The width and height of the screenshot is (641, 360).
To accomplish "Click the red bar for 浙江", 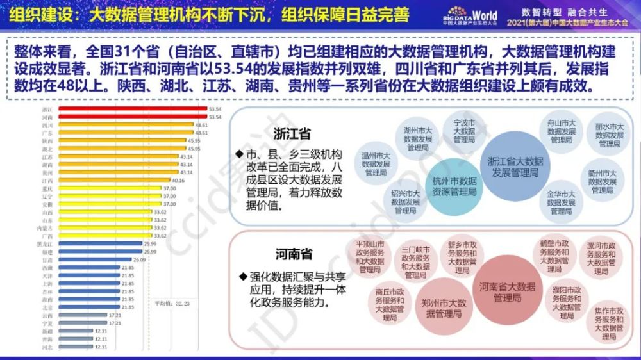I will tap(131, 110).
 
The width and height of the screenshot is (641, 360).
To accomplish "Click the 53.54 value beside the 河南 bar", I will tap(215, 117).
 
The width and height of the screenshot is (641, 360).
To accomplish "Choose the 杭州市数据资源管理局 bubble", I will tap(454, 186).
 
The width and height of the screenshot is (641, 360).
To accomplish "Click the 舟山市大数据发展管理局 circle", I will tap(561, 131).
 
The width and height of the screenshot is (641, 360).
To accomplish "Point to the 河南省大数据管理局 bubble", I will tap(507, 292).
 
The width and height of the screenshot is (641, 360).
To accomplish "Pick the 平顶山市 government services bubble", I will tap(370, 257).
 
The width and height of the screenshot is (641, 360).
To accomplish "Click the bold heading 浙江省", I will tap(292, 135).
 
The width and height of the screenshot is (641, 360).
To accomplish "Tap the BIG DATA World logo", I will tap(469, 15).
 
